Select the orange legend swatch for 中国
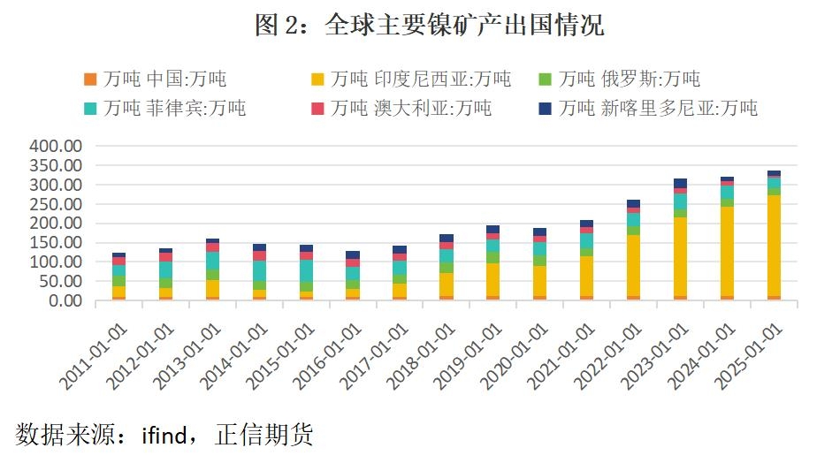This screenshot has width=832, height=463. tap(89, 80)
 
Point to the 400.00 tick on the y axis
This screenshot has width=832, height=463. tap(56, 147)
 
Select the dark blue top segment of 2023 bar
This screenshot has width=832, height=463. tap(680, 183)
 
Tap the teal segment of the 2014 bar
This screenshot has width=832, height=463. tap(259, 270)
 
